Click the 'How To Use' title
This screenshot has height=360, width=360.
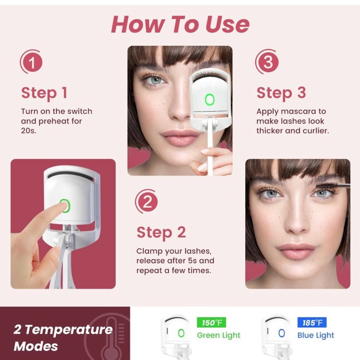(180, 24)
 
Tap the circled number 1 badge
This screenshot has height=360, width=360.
(32, 62)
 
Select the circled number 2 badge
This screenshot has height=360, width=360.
(147, 202)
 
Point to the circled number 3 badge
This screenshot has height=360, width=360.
(267, 62)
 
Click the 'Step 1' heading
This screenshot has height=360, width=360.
(44, 93)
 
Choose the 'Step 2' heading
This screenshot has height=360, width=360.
(161, 233)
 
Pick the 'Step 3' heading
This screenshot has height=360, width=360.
(281, 93)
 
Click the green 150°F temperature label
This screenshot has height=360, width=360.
(212, 323)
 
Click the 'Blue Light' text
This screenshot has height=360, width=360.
(315, 335)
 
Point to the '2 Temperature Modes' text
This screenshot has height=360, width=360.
(63, 338)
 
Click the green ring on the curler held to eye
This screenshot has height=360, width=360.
(209, 99)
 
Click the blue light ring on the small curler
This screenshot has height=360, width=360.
(281, 333)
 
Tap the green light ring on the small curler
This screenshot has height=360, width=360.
(181, 333)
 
